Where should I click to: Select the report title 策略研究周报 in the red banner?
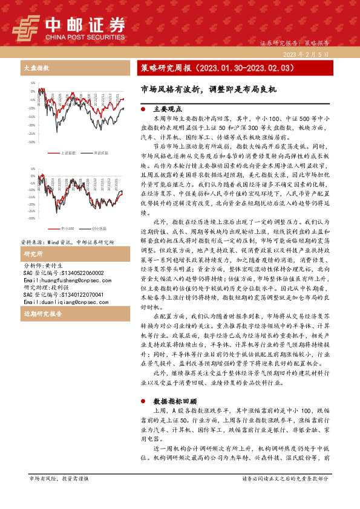[163, 68]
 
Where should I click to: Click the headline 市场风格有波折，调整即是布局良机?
[208, 89]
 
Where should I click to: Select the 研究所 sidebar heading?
[32, 254]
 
